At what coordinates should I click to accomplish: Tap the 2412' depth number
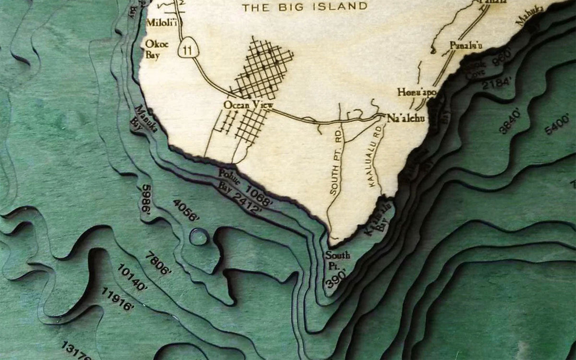coord(247,203)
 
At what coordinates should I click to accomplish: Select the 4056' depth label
coord(185,210)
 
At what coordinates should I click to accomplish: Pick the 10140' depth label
coord(132,277)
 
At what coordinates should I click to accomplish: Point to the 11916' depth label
coord(118,299)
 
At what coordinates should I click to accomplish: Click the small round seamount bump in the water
coord(199,237)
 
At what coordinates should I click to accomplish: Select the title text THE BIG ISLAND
coord(305,7)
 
